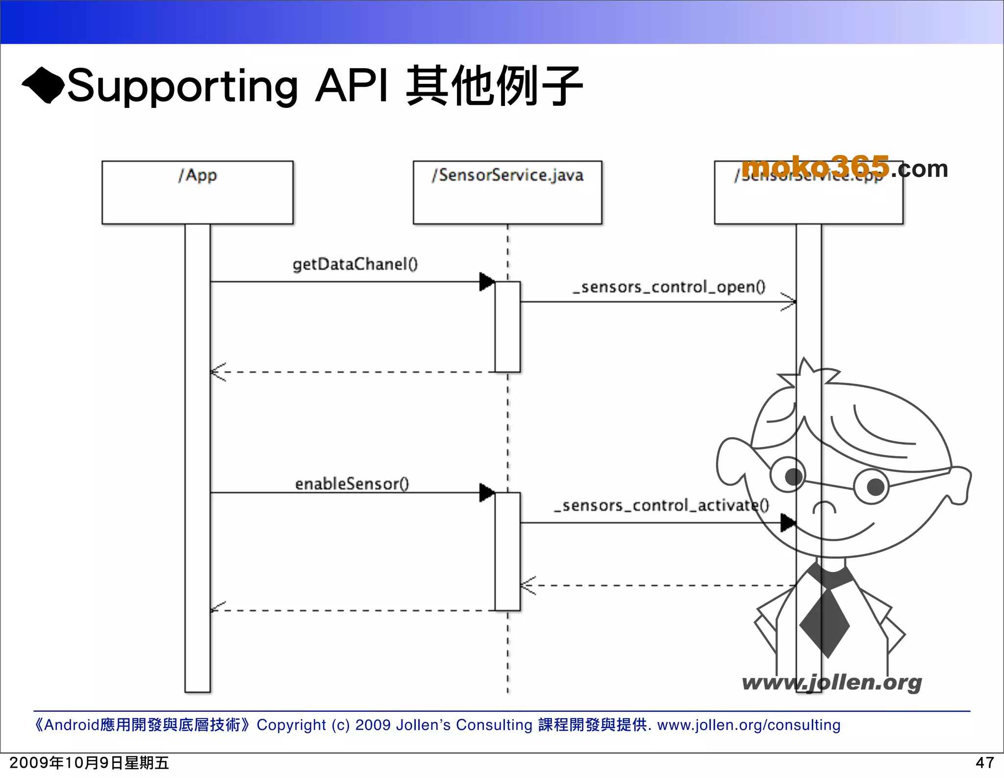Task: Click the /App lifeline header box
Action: click(x=197, y=192)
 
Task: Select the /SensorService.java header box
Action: click(x=507, y=192)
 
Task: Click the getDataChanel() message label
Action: click(x=355, y=264)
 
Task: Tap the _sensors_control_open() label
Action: click(x=669, y=287)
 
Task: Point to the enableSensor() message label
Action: click(x=351, y=484)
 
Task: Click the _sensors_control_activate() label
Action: click(x=661, y=505)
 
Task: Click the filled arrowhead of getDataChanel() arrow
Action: click(x=486, y=282)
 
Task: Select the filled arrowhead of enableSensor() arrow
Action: click(x=486, y=493)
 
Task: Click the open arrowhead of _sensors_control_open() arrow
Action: click(x=789, y=302)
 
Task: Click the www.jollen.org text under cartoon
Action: click(x=831, y=682)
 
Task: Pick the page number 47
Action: click(x=984, y=763)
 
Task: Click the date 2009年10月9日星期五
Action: click(x=89, y=763)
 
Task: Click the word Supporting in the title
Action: click(x=182, y=86)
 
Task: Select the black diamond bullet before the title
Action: click(x=43, y=85)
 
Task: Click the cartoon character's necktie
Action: click(x=825, y=620)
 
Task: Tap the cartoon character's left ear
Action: click(x=733, y=461)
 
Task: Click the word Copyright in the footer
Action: click(x=291, y=725)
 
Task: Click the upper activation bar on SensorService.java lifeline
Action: click(x=507, y=326)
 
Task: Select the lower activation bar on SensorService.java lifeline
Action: click(x=507, y=552)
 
